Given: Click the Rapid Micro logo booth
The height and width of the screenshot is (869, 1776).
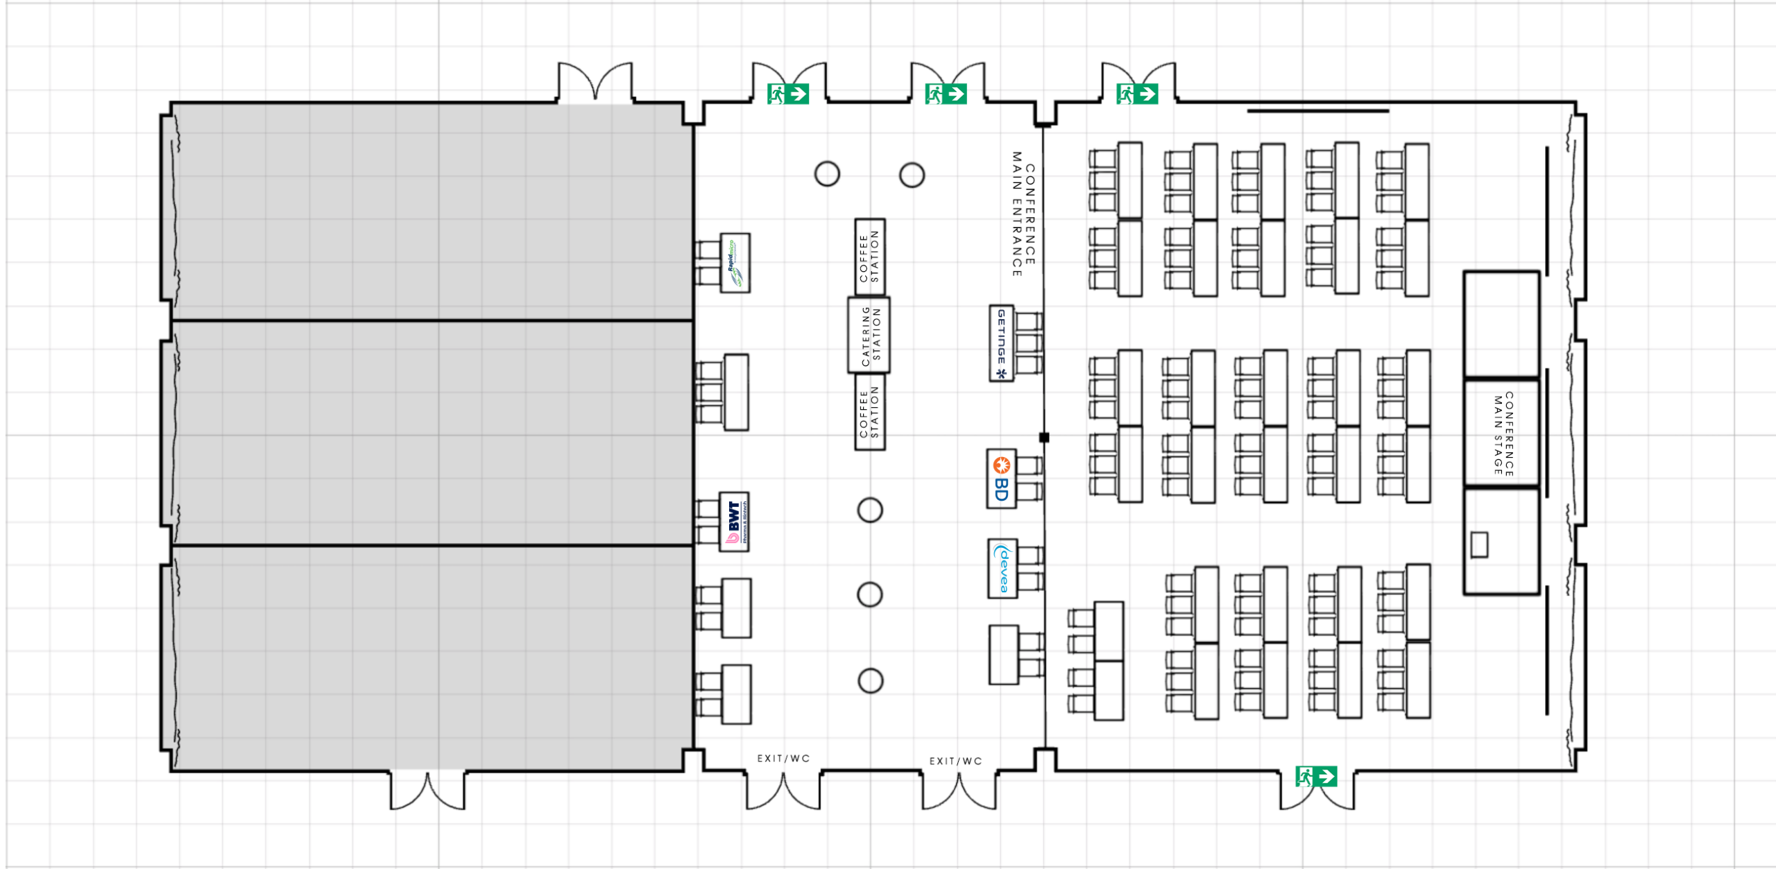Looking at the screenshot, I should [x=735, y=263].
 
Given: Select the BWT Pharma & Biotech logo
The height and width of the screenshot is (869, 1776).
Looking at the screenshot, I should [x=734, y=522].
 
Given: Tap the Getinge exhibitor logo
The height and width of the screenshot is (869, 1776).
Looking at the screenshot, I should [x=1001, y=343].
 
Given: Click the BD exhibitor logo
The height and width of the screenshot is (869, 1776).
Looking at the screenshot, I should [x=1001, y=479].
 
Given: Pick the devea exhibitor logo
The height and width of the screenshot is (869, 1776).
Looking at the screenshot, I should [x=1002, y=568].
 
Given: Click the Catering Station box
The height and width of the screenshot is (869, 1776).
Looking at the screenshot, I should [x=869, y=335].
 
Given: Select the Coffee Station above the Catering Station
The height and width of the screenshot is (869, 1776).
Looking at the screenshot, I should [x=869, y=257].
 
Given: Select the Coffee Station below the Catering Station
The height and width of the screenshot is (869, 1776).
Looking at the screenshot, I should [x=869, y=412].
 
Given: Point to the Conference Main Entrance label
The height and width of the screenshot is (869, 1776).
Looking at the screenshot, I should [x=1023, y=214].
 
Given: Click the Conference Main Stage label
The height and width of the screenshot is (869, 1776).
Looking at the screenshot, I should [x=1503, y=434].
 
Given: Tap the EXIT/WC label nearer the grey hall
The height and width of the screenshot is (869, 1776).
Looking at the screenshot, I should [x=783, y=758].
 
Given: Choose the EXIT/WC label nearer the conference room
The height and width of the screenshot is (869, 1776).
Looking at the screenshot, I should [x=955, y=761].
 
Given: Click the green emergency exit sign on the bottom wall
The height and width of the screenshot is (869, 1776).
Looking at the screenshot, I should [x=1316, y=776].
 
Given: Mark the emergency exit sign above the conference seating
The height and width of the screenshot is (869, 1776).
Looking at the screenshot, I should [x=1137, y=94].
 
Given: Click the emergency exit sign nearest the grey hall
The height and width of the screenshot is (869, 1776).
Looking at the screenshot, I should [x=787, y=94].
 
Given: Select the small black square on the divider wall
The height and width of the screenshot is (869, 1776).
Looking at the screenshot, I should [x=1044, y=437].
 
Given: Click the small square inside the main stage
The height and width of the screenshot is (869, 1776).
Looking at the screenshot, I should [x=1479, y=544].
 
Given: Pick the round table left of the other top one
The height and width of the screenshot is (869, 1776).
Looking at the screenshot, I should [x=827, y=173].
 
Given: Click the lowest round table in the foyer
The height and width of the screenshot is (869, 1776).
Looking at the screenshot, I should [x=870, y=680].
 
